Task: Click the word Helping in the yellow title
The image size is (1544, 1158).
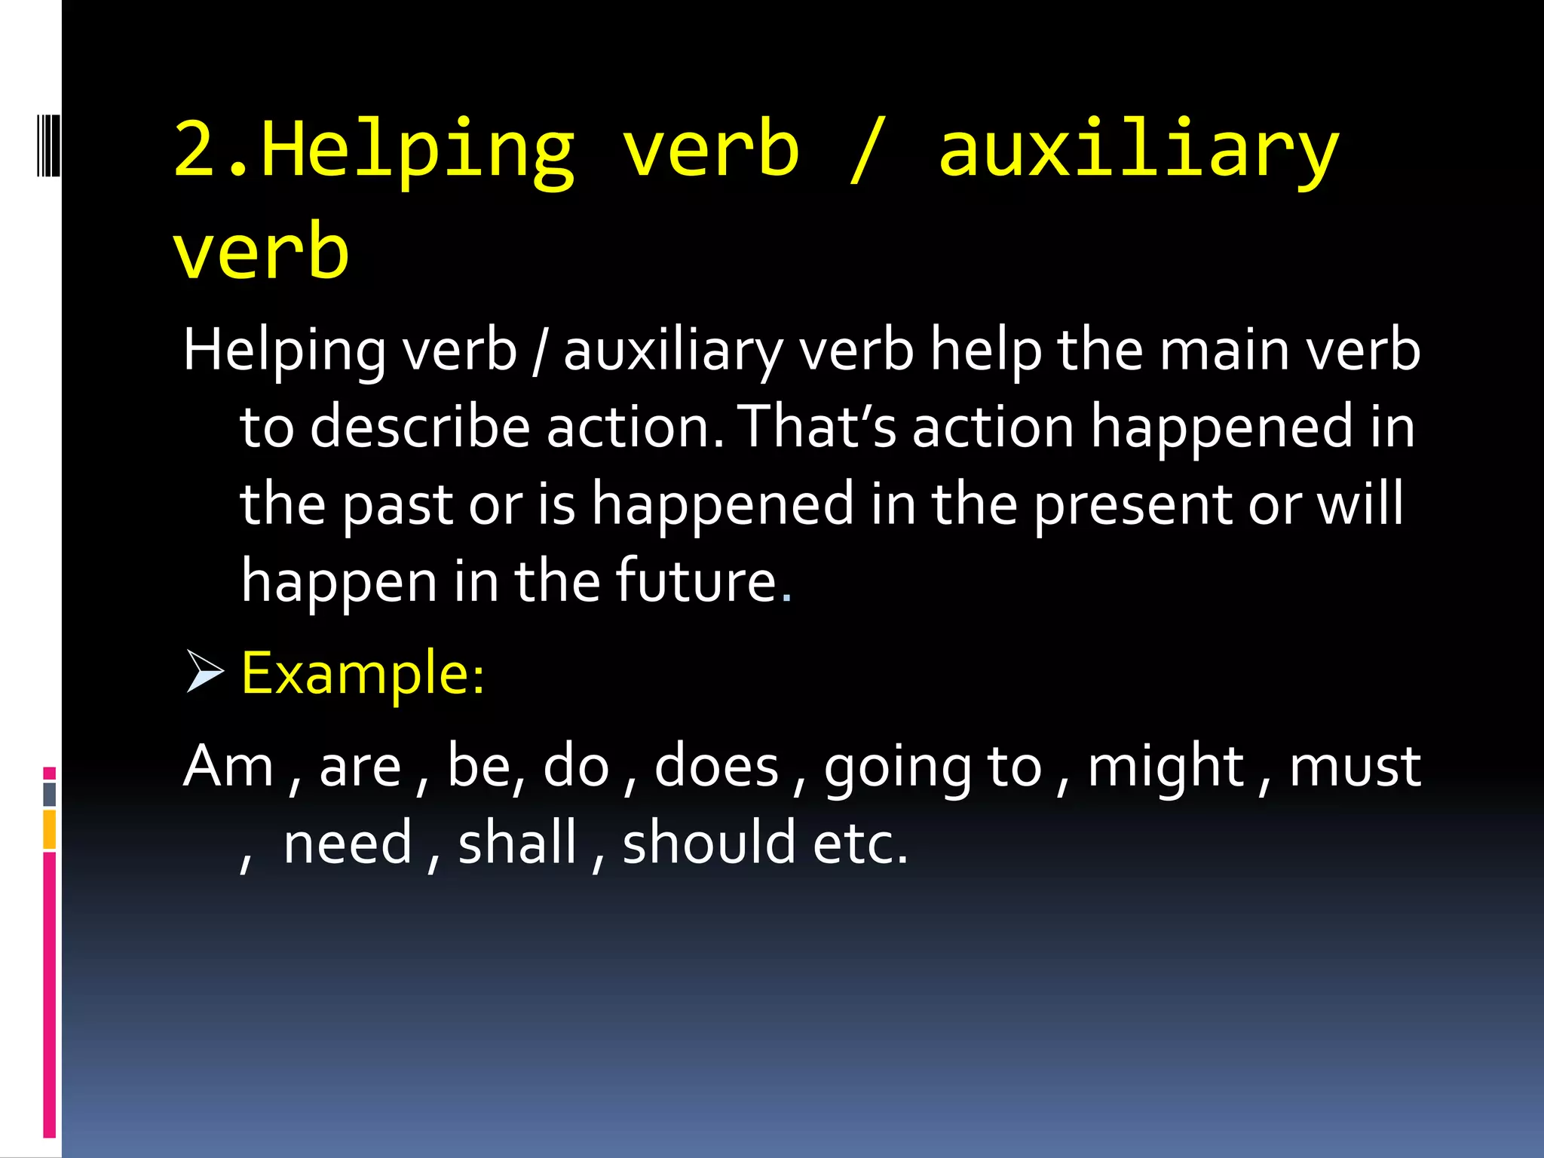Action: [418, 151]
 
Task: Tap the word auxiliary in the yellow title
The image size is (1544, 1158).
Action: [1138, 151]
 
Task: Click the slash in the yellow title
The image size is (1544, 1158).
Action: [866, 151]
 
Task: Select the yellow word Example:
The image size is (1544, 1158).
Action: [363, 673]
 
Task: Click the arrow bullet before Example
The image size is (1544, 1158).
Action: [204, 672]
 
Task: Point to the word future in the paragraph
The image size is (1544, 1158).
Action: [696, 581]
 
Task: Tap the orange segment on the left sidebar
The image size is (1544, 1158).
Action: [50, 829]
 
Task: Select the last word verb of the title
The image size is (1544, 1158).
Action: [261, 251]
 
